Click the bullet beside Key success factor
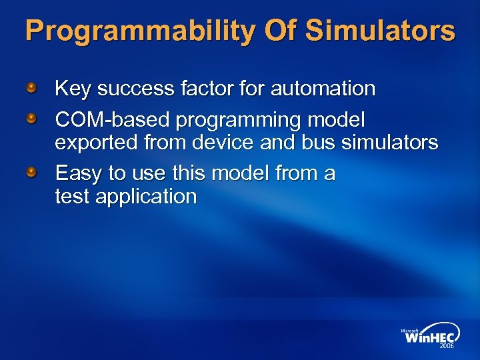[x=32, y=87]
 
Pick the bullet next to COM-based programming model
[x=32, y=119]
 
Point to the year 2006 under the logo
[x=446, y=347]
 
